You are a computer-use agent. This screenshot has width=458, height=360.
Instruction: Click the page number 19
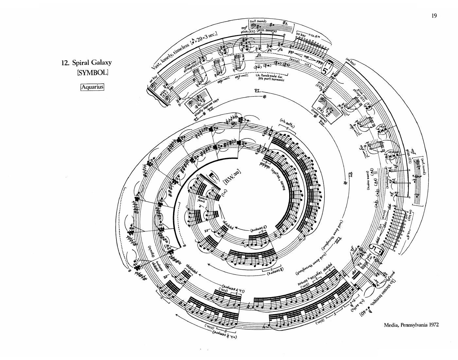click(434, 16)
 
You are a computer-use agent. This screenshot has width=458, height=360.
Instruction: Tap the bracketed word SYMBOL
click(93, 73)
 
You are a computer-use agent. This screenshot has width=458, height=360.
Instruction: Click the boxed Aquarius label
click(92, 87)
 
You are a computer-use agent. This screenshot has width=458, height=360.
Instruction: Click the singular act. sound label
click(258, 21)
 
